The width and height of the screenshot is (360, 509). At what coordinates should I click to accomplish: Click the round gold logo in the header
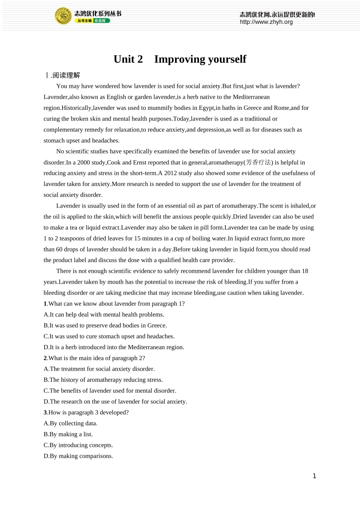click(63, 16)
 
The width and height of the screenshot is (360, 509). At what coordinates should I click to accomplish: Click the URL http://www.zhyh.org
click(266, 22)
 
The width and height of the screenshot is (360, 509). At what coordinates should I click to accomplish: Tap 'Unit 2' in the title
click(128, 59)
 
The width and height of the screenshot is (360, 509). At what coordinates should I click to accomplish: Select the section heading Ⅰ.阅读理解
click(63, 75)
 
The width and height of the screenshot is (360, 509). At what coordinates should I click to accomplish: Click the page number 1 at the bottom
click(314, 476)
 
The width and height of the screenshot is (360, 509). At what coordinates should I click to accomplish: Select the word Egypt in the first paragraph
click(206, 108)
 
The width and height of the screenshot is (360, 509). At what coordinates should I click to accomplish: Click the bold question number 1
click(45, 304)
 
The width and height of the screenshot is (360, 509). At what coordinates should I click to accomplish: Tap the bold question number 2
click(45, 358)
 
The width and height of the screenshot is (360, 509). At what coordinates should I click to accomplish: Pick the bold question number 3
click(45, 412)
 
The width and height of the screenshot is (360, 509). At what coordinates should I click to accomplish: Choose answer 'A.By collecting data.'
click(70, 423)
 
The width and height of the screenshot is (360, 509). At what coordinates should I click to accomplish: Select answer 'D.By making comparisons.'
click(78, 456)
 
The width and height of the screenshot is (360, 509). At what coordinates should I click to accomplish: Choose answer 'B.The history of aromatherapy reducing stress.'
click(103, 380)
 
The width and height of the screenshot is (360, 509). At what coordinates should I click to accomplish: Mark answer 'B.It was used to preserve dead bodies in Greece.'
click(105, 325)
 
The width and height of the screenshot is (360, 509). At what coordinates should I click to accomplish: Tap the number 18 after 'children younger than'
click(305, 271)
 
